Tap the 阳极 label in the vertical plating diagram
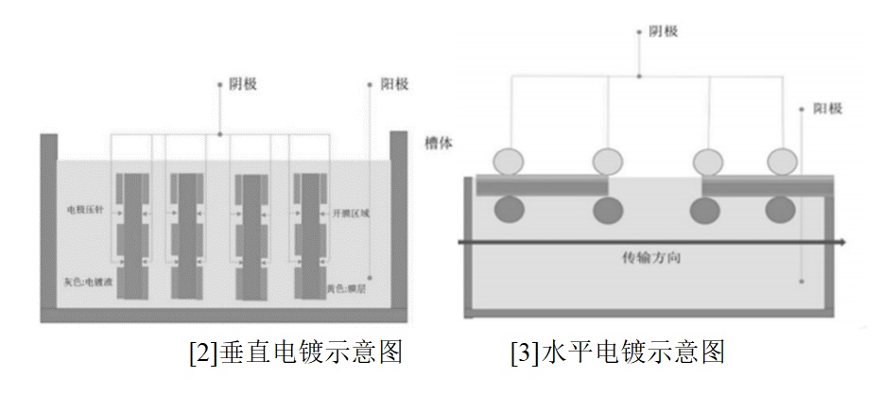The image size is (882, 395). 393,84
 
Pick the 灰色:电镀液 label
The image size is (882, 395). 89,281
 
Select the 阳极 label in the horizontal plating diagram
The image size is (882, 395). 828,109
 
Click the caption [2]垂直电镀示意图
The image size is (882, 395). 296,352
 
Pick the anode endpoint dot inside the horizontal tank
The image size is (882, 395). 800,281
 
